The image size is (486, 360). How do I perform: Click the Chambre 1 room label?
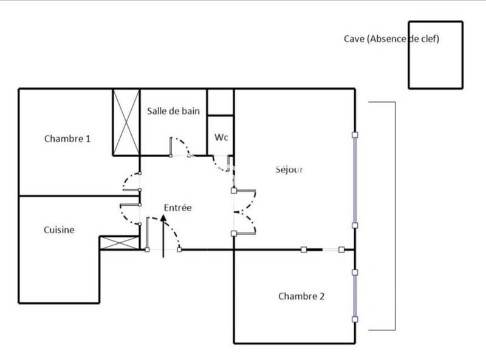click(x=67, y=138)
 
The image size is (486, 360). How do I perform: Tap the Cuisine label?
click(x=59, y=230)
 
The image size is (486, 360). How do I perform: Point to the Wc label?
click(x=221, y=138)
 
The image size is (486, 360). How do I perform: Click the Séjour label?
click(x=289, y=169)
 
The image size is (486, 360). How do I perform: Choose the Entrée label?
click(x=177, y=208)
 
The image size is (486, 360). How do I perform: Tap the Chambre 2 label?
click(x=301, y=296)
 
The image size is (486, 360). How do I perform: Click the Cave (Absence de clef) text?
click(x=391, y=39)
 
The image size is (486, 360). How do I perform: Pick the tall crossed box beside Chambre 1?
click(x=126, y=122)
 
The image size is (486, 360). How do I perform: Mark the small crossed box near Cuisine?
click(x=119, y=243)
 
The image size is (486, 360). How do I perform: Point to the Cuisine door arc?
click(x=129, y=214)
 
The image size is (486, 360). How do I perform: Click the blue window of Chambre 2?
click(x=355, y=296)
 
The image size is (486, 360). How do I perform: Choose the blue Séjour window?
click(x=355, y=180)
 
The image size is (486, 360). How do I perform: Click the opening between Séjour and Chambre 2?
click(x=323, y=249)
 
